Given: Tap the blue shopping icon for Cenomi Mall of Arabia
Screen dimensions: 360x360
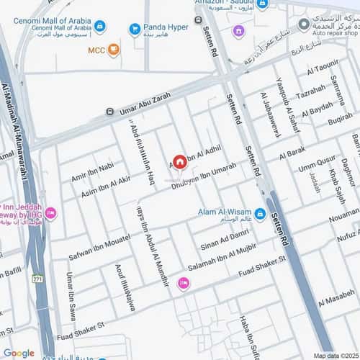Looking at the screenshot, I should coord(99,27).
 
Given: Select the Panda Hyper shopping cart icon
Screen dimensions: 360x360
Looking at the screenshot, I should coord(135,29).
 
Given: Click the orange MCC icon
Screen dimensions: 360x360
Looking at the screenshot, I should coord(114,50).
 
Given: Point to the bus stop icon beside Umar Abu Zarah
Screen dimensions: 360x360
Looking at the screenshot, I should coord(109,112).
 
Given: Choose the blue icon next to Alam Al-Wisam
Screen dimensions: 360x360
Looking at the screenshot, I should coord(260,214).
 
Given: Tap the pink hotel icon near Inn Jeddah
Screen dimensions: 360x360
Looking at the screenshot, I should coord(50,214).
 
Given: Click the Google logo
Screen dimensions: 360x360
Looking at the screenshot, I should coord(19,353).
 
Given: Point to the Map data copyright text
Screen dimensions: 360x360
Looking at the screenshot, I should coord(336,355).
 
